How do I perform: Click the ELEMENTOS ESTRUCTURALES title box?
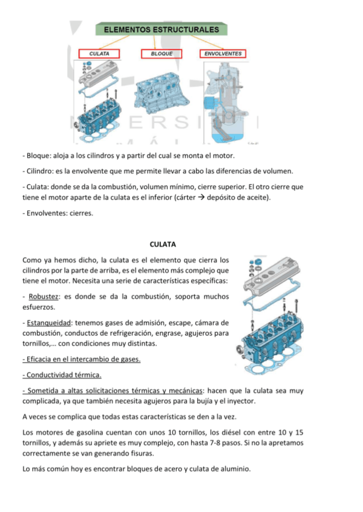[x=162, y=29]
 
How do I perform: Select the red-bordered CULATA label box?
[x=99, y=54]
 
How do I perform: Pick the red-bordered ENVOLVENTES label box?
[x=223, y=54]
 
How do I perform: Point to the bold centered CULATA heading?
[x=162, y=245]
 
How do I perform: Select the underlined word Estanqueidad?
[x=48, y=323]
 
